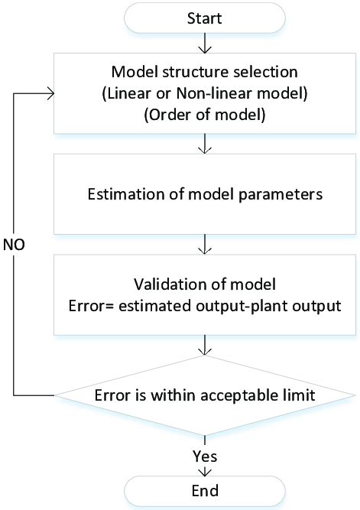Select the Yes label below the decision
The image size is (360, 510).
point(205,456)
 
